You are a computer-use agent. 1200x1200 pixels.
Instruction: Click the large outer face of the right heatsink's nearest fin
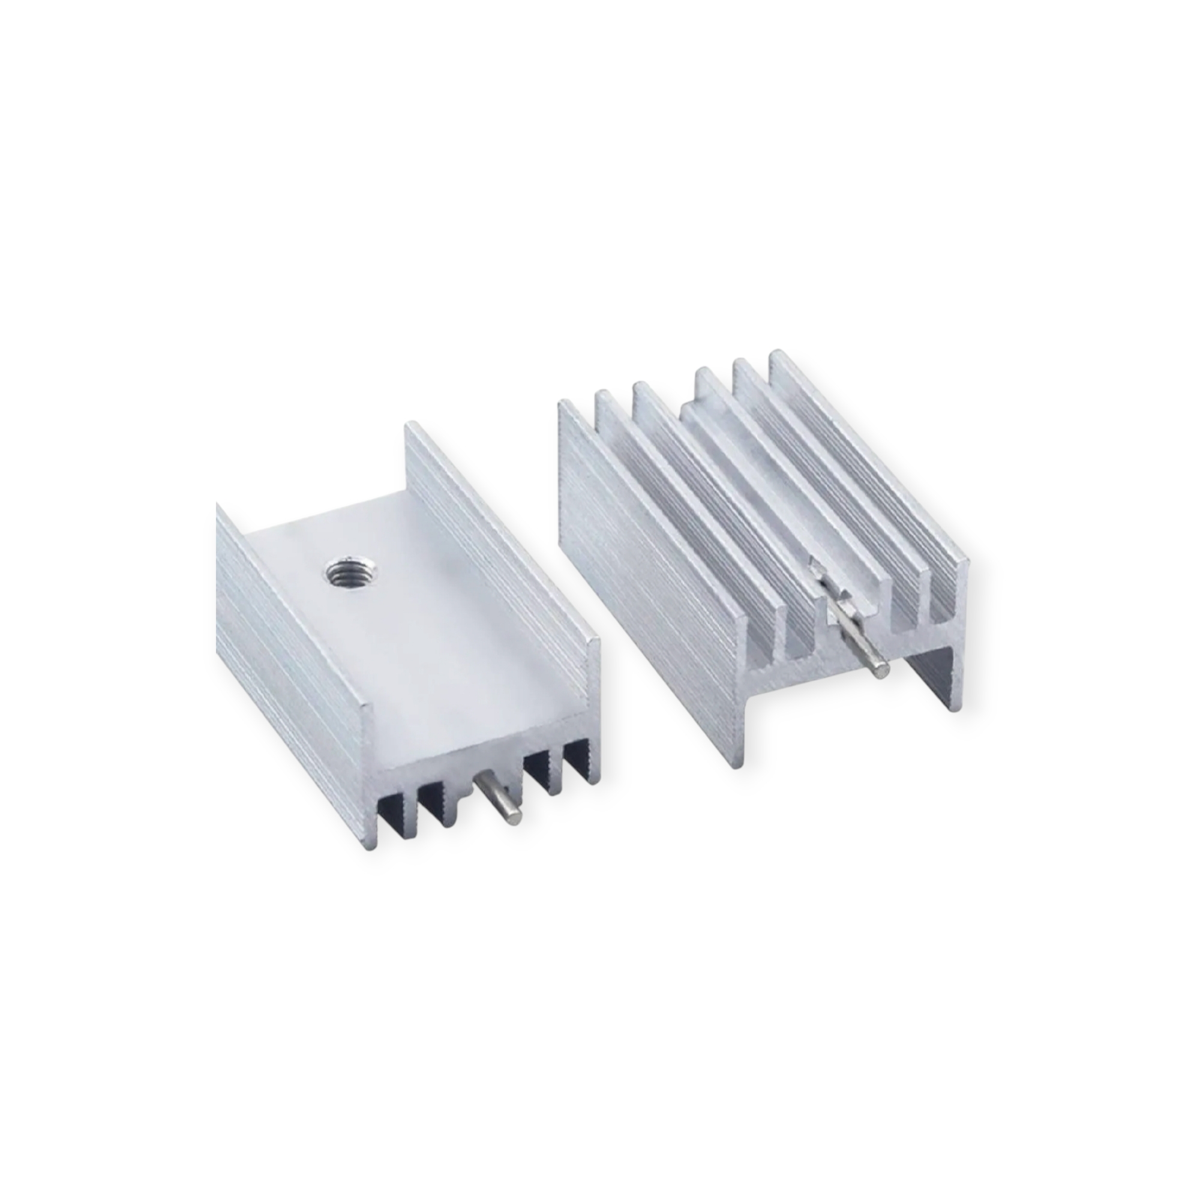click(x=646, y=559)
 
